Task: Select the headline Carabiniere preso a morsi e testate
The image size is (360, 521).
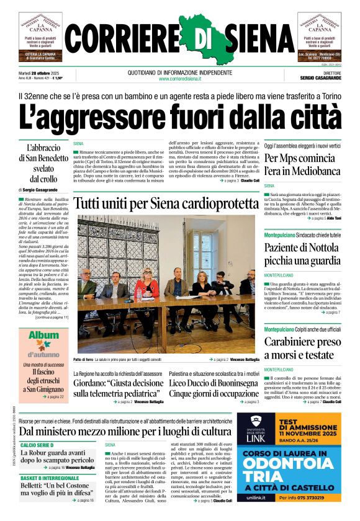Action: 302,349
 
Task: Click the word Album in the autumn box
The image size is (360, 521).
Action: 43,336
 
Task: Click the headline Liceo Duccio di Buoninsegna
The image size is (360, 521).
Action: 214,383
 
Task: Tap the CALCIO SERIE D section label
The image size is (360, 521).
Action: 46,445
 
